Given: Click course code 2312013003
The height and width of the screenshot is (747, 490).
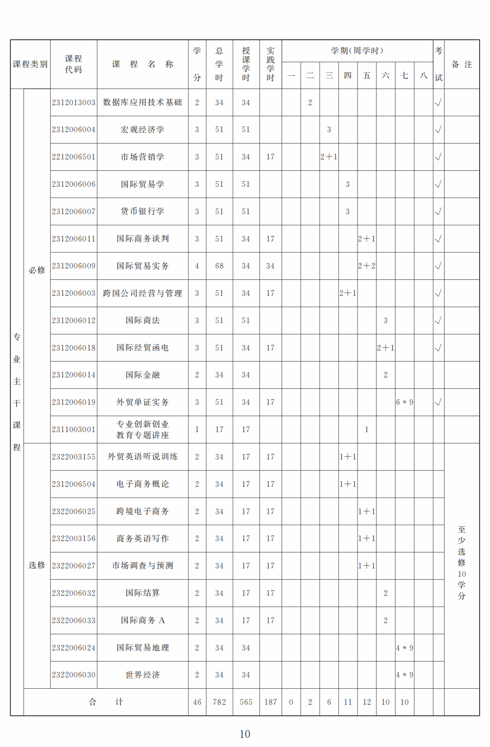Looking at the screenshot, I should (x=74, y=103).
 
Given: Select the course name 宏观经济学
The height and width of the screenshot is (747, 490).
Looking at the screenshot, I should (x=142, y=130).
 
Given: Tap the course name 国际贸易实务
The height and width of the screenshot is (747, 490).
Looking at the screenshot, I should (x=142, y=266).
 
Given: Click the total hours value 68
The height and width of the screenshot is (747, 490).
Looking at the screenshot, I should (x=219, y=266).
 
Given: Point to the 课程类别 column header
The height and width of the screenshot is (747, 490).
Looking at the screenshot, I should (x=30, y=64).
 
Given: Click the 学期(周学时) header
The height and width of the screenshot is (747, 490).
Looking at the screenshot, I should (x=357, y=51).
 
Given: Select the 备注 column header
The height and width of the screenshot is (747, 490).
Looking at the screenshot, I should (x=462, y=64).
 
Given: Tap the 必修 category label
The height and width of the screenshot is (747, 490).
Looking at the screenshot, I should (x=37, y=270).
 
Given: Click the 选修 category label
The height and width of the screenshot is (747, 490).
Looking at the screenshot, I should (x=37, y=565).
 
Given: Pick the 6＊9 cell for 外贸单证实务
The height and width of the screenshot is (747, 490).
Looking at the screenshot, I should (x=405, y=402).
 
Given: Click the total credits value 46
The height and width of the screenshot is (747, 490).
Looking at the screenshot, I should (x=197, y=702).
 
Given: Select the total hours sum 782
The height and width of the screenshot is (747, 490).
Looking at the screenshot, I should (x=219, y=702).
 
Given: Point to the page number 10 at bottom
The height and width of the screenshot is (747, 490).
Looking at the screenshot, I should (x=245, y=734).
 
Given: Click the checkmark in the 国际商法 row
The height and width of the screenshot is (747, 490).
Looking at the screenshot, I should (x=438, y=320).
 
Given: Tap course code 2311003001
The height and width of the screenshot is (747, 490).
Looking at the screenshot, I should (x=74, y=430).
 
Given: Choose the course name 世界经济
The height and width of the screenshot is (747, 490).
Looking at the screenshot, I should (x=142, y=675).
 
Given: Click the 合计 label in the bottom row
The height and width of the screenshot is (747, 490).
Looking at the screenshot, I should (x=106, y=702).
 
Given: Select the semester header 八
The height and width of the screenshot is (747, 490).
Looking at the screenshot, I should (x=424, y=75).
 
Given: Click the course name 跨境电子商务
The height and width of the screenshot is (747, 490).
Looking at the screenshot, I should (x=142, y=511).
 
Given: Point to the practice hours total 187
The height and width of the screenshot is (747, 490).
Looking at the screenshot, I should (x=270, y=702).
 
